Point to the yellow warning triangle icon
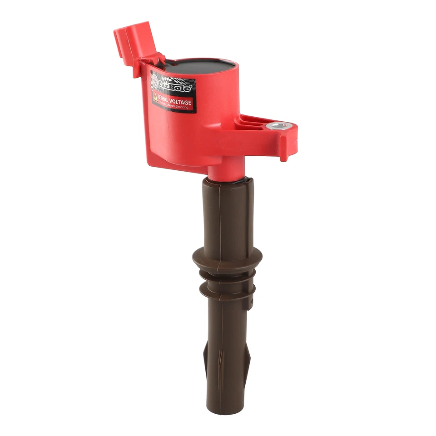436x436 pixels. click(x=155, y=96)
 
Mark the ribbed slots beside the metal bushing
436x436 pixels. click(x=252, y=121)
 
